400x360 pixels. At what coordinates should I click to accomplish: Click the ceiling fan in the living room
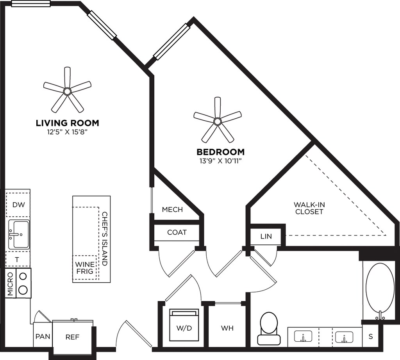tap(67, 91)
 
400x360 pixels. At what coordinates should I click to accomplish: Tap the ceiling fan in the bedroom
tap(217, 121)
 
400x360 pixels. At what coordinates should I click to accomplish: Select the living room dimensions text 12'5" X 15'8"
tap(67, 132)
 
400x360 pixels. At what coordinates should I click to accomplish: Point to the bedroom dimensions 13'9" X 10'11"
tap(220, 161)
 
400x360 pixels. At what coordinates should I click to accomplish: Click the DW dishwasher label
tap(19, 205)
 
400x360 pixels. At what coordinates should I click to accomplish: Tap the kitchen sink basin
tap(19, 234)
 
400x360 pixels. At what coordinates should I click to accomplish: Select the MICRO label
tap(10, 283)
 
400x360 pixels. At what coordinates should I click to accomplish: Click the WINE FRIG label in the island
tap(85, 267)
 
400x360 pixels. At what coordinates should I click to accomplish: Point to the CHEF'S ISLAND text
tap(104, 239)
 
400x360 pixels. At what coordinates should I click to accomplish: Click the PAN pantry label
tap(43, 337)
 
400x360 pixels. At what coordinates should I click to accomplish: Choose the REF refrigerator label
tap(72, 337)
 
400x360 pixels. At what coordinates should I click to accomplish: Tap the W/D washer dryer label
tap(184, 328)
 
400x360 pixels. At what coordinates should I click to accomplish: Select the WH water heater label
tap(227, 328)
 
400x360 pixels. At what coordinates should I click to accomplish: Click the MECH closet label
tap(172, 210)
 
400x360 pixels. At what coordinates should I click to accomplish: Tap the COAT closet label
tap(177, 232)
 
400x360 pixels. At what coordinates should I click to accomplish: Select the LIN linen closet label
tap(266, 236)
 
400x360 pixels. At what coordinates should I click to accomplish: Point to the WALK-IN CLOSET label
tap(309, 208)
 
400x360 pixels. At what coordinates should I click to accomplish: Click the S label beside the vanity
tap(371, 337)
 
